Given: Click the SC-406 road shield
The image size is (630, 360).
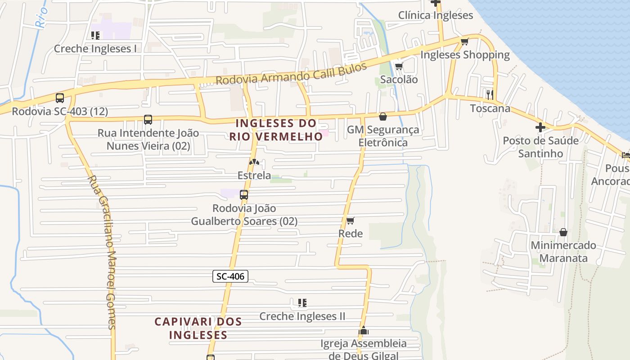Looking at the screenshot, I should coord(230,276).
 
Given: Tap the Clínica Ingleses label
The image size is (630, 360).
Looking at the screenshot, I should coord(436,15).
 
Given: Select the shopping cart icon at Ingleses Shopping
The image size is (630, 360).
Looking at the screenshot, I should coord(464,42).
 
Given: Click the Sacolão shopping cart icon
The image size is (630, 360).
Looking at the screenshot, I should coord(399,67).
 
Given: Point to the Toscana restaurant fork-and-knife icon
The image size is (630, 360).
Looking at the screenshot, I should coord(490,94).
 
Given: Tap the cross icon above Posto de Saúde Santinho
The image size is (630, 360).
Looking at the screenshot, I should coord(540,127).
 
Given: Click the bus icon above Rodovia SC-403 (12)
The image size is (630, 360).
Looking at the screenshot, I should coord(60,98).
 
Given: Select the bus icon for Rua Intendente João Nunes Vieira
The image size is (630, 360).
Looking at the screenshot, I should coord(148,120).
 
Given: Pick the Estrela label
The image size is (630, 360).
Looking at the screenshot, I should coord(254,175).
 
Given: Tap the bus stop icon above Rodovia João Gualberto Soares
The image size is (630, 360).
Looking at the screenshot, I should coord(244,195).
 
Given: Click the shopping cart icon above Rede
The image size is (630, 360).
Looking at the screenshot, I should coord(351,220).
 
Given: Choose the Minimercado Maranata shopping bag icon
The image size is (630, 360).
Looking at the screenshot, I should coord(563,232).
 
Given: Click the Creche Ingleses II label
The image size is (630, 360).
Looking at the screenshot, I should coord(302,316).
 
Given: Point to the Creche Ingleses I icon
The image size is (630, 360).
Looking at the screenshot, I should coord(95,35).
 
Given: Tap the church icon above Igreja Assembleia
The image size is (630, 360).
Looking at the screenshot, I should coord(364,331).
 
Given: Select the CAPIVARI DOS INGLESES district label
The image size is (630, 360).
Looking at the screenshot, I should coord(198,328).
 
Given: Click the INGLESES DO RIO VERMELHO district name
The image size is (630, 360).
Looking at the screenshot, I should coord(276,130).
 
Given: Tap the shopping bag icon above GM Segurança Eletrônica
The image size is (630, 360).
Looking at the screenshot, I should coord(383,117).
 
